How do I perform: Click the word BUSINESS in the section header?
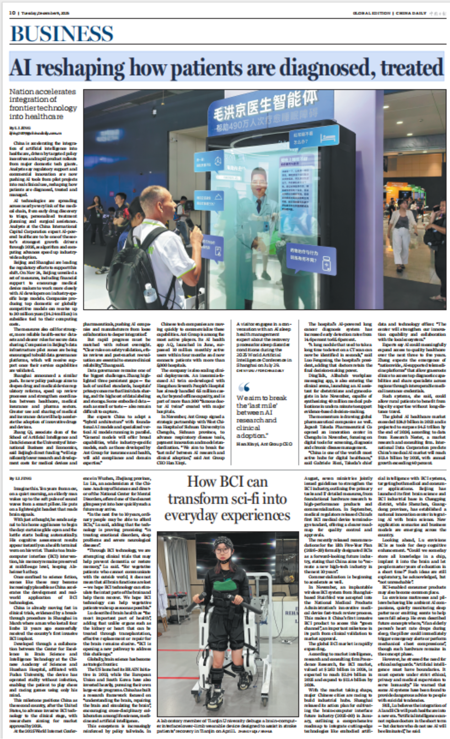click(62, 34)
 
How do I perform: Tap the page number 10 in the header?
click(12, 13)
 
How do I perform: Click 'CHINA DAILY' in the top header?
click(411, 13)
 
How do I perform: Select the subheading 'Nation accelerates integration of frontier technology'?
click(43, 104)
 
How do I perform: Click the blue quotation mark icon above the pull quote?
click(245, 387)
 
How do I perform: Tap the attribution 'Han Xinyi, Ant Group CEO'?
click(264, 444)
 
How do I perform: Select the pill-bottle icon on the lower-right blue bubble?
click(326, 264)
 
